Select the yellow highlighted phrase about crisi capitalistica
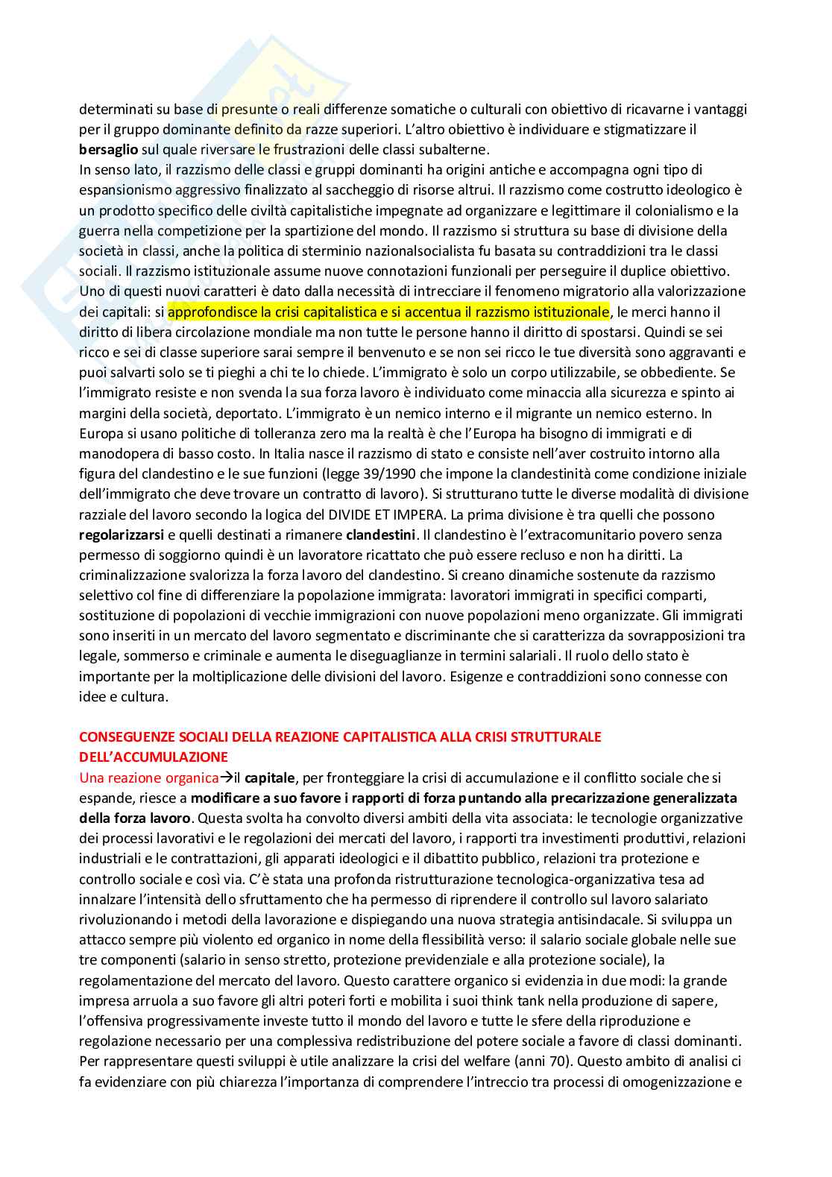(x=388, y=312)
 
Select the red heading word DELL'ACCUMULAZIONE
(x=154, y=757)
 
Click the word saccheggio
(x=483, y=190)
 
